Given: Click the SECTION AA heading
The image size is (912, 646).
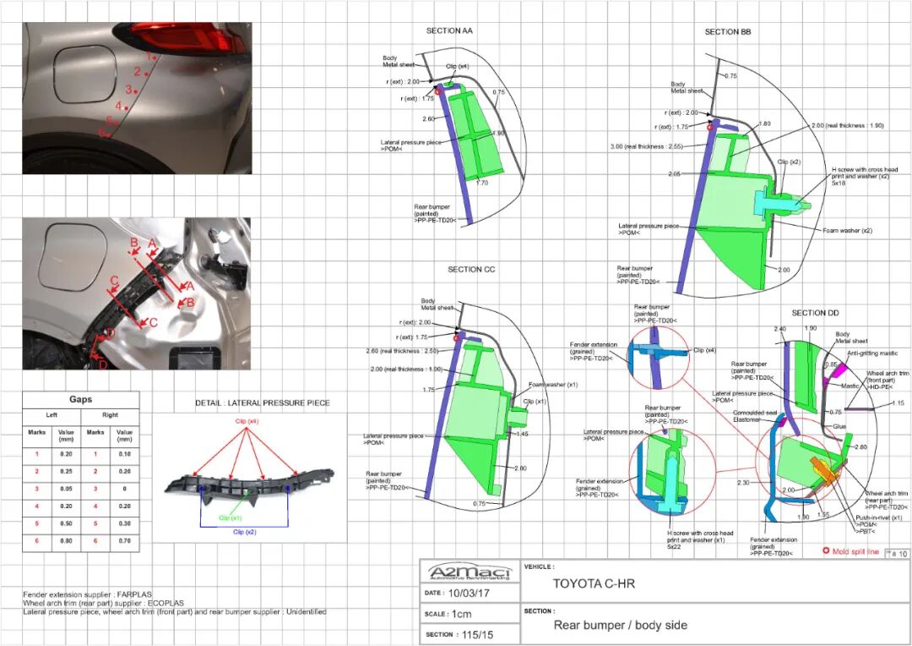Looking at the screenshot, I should (x=449, y=31).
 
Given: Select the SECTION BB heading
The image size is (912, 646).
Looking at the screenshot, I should (x=728, y=32).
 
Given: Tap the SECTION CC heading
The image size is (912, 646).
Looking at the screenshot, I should (x=471, y=270).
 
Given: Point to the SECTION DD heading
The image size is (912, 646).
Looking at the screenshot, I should (x=815, y=314).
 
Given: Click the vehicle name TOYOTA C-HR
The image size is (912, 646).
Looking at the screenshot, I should (x=594, y=583).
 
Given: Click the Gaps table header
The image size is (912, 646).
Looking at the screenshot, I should (x=81, y=399).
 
